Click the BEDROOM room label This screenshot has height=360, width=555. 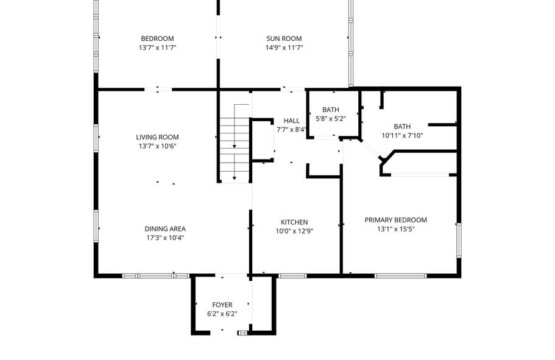click(x=158, y=39)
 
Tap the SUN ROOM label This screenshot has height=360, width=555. click(x=284, y=39)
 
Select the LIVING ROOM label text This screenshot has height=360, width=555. click(x=158, y=137)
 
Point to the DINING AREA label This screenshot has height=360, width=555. click(x=165, y=229)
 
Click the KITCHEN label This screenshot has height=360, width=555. click(x=294, y=222)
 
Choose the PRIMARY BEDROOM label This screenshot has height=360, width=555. click(x=396, y=220)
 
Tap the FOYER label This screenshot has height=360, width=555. click(x=222, y=305)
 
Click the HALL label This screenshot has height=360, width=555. click(x=291, y=121)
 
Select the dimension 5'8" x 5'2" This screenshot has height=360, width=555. click(x=331, y=119)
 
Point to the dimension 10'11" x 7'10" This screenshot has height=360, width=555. click(x=402, y=135)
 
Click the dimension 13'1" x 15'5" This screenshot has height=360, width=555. click(x=396, y=229)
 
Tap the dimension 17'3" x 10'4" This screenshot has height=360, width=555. click(x=165, y=238)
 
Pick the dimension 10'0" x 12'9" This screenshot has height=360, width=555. click(x=294, y=232)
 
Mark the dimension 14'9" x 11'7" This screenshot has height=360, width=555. click(x=284, y=47)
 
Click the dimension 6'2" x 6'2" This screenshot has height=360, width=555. click(x=222, y=314)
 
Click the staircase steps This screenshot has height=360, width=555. click(x=235, y=149)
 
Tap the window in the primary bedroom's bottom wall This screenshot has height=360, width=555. click(x=401, y=276)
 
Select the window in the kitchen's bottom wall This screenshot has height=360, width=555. click(x=292, y=276)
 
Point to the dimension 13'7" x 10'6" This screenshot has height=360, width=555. click(x=158, y=146)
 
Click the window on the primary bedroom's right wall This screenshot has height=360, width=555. click(x=459, y=240)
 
